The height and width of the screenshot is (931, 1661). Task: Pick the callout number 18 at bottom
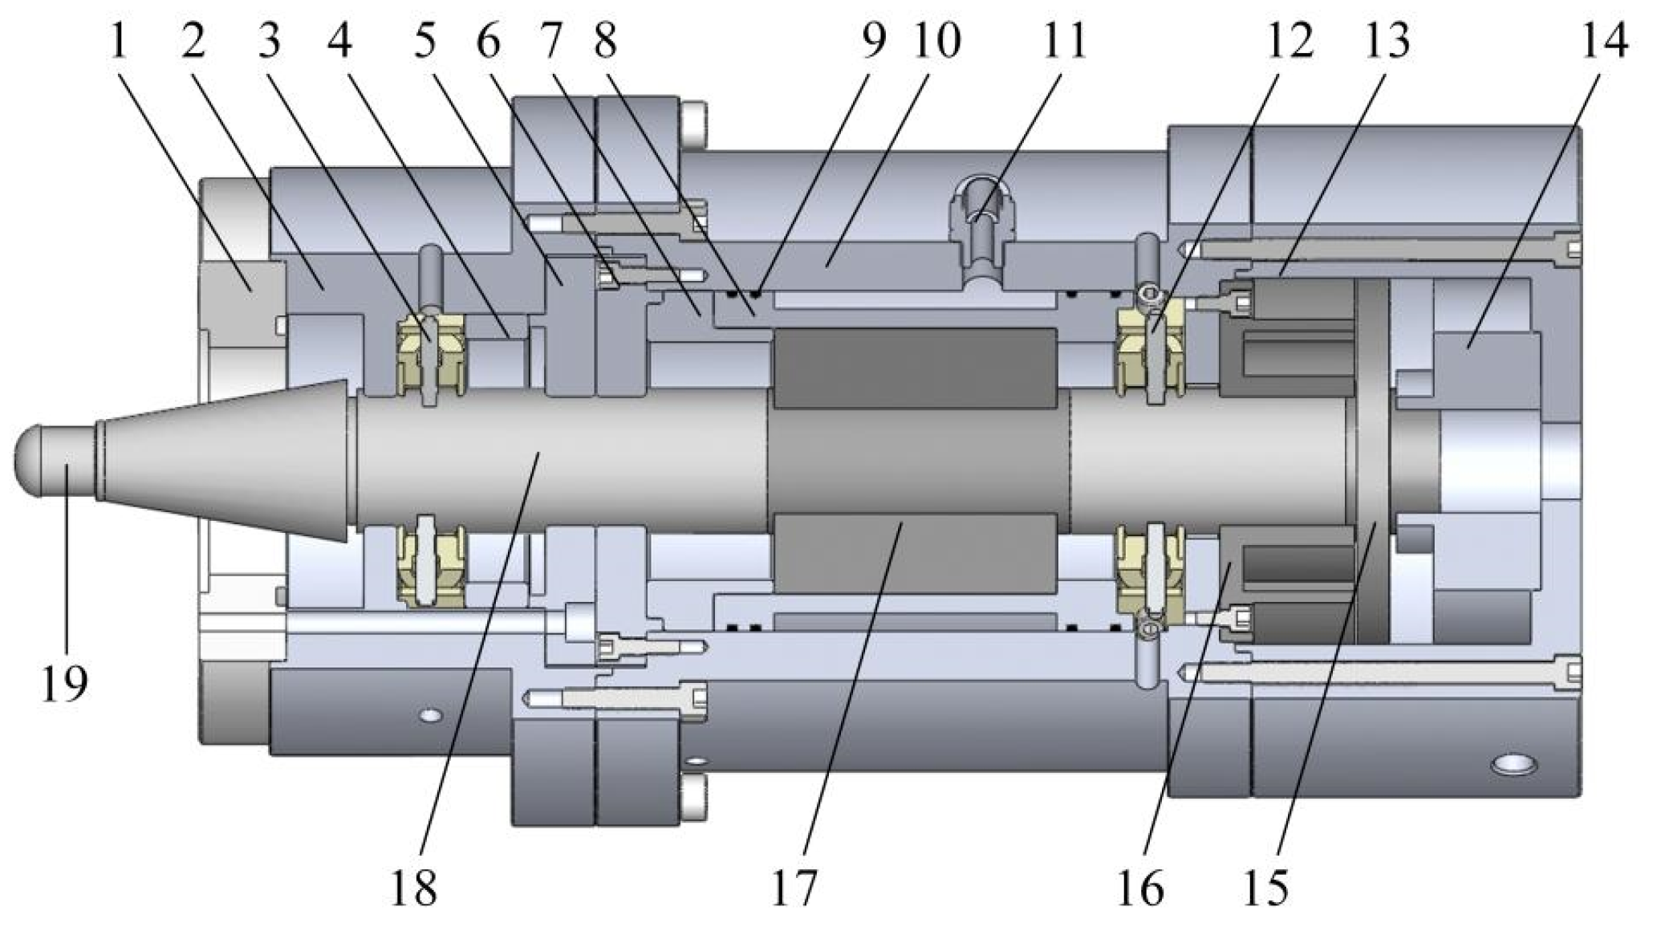click(414, 888)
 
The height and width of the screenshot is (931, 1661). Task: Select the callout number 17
click(794, 888)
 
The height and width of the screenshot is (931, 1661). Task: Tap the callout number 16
click(1140, 888)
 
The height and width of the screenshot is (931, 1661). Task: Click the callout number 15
click(1267, 888)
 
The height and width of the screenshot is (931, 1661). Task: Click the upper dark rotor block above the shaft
click(915, 365)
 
